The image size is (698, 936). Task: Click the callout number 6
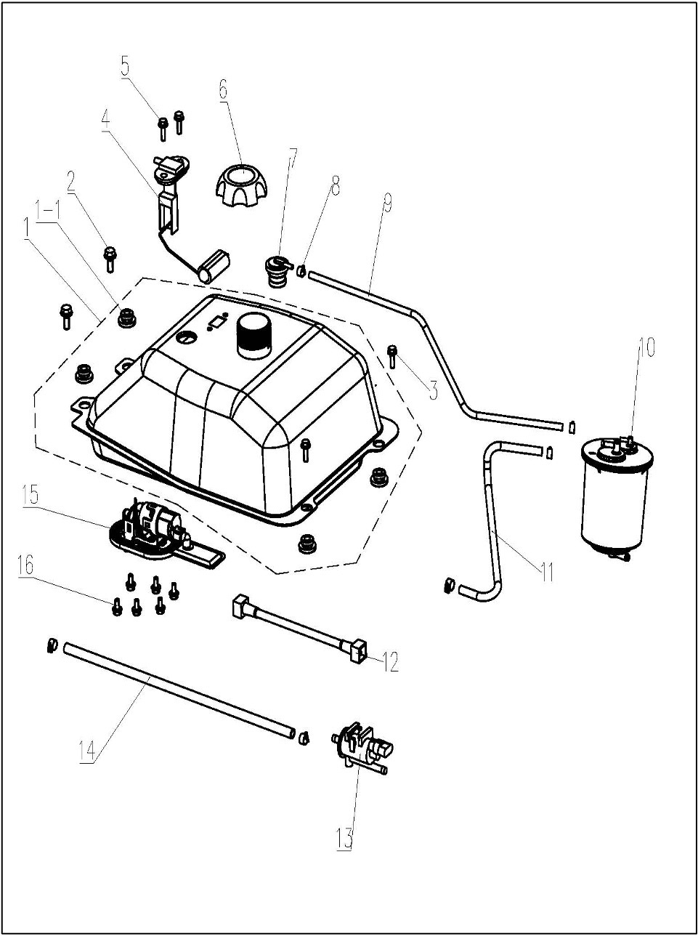(223, 89)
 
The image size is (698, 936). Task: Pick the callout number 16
(25, 566)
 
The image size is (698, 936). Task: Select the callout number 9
(387, 204)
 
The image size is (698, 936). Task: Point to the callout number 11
(546, 571)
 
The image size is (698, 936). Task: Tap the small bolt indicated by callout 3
(393, 355)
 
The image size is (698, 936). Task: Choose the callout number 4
(106, 120)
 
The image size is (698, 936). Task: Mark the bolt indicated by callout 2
(110, 257)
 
